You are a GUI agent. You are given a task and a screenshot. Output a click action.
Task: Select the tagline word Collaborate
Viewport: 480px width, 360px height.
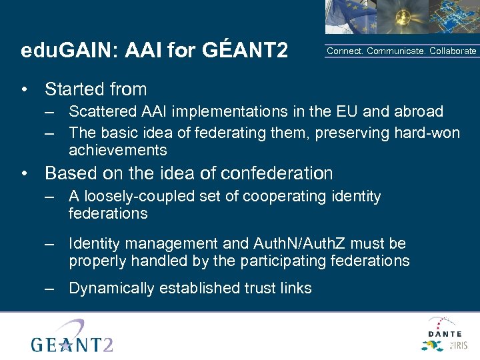(x=453, y=51)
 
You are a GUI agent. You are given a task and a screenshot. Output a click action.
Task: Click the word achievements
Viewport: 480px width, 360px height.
(x=117, y=150)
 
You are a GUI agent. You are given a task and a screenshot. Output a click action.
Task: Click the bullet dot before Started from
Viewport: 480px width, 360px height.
(x=25, y=89)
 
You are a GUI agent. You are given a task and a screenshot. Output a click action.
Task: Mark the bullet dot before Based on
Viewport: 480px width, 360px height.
(x=25, y=174)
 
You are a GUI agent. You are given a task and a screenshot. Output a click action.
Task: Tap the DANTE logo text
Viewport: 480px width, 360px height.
(x=445, y=333)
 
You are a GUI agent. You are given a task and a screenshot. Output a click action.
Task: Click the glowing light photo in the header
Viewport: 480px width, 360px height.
(x=394, y=17)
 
